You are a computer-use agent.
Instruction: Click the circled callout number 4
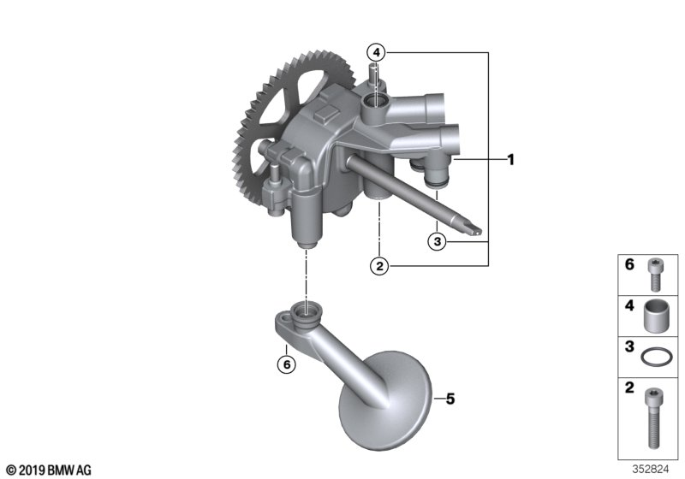(x=378, y=51)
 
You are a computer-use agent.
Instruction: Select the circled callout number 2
(x=378, y=266)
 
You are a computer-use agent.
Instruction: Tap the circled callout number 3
(x=437, y=242)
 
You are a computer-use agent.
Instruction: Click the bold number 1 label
(x=511, y=159)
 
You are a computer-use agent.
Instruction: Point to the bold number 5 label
(x=450, y=399)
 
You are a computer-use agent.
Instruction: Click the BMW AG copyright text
(x=48, y=470)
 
